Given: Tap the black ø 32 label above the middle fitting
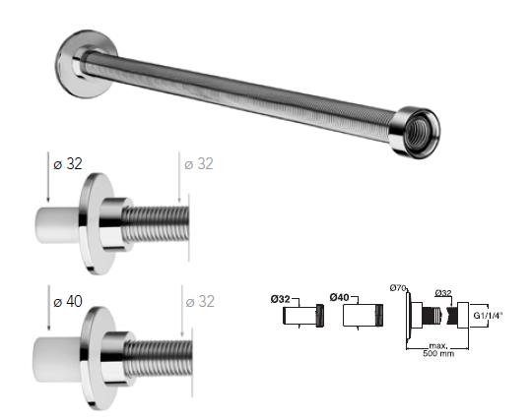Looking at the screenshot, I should pyautogui.click(x=66, y=164).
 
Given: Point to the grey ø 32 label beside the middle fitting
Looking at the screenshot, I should pyautogui.click(x=198, y=164).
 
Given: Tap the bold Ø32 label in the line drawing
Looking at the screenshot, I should pyautogui.click(x=282, y=296).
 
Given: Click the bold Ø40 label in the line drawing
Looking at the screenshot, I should pyautogui.click(x=341, y=296).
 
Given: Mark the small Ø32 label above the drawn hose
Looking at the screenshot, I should pyautogui.click(x=442, y=292).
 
